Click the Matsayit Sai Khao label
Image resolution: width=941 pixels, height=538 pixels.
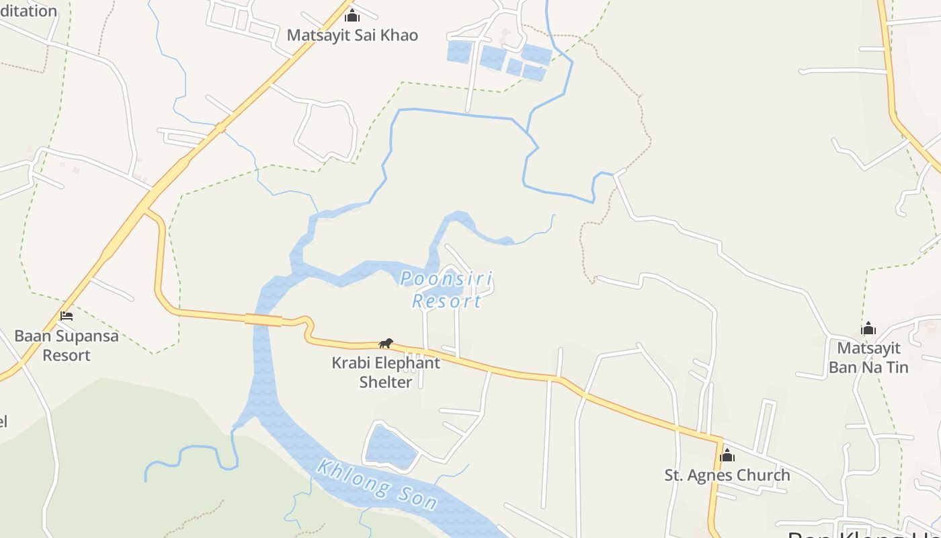352,35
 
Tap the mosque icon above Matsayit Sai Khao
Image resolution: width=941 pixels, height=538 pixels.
352,15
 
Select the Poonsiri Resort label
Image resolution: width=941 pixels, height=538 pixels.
446,290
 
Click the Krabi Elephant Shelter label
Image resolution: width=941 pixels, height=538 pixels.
386,372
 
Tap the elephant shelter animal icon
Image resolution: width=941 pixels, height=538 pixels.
386,344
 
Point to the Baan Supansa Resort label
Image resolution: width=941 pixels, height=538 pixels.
67,345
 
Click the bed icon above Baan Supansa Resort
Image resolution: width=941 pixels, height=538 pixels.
67,315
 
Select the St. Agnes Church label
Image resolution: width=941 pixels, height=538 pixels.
727,475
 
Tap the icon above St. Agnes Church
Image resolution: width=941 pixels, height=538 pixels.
727,456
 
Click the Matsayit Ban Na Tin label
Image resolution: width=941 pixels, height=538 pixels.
868,357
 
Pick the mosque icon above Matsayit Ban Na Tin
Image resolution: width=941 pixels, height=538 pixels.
868,328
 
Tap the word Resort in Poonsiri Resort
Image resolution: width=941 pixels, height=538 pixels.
447,301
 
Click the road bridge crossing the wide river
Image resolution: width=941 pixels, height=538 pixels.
263,319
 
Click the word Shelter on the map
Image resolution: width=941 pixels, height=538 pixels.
386,382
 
